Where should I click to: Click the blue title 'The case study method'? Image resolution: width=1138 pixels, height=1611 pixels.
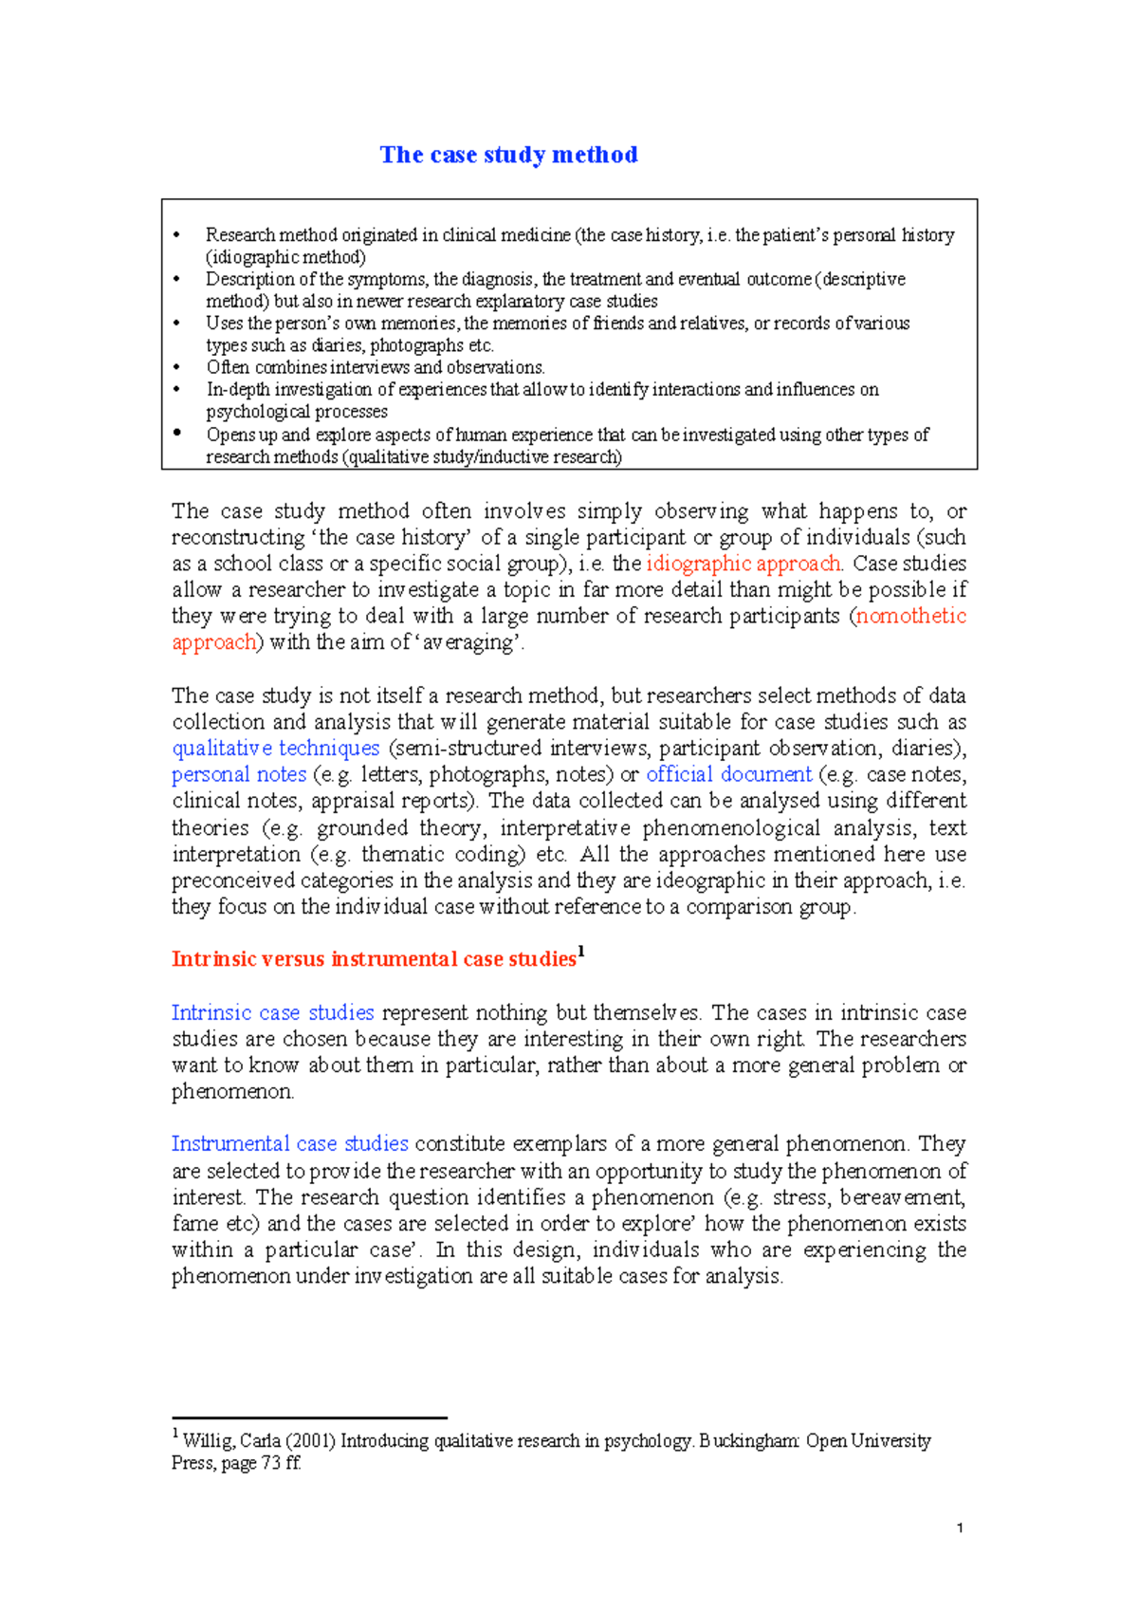[508, 155]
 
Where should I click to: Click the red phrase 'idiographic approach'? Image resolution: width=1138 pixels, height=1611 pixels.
[743, 564]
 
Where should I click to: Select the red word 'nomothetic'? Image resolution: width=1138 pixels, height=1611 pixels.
[910, 616]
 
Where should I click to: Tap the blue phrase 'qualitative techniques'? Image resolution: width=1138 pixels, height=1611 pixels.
[275, 748]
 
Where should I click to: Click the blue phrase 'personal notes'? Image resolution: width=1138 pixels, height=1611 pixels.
[239, 774]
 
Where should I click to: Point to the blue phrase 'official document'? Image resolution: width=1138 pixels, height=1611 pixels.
[728, 774]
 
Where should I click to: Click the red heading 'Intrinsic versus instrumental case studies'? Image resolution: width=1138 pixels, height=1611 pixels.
[374, 959]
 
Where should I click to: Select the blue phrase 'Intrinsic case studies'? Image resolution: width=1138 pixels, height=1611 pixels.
[272, 1012]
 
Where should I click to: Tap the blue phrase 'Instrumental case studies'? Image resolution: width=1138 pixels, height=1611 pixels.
[289, 1143]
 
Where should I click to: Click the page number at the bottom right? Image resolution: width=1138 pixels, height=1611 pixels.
[961, 1528]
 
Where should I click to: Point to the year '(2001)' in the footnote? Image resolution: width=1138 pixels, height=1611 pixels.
[311, 1441]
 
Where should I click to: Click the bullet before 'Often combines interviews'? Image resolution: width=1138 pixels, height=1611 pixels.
[177, 367]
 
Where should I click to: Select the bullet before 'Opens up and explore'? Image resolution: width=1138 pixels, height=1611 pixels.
[177, 433]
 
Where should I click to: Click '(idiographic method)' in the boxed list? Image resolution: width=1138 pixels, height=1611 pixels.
[285, 257]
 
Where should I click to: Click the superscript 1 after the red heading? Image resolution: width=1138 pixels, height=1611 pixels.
[581, 952]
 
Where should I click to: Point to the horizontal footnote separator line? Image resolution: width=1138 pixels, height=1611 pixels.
[308, 1418]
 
